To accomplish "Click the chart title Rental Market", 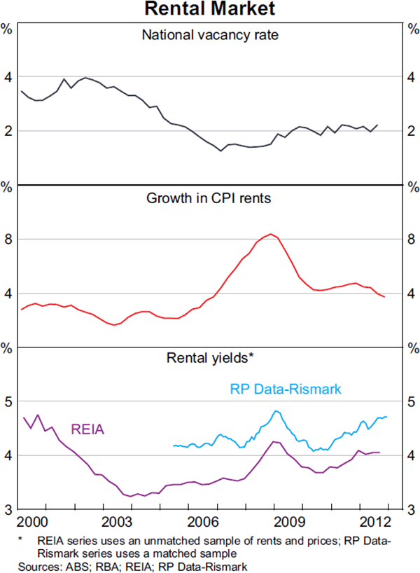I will coord(211,9).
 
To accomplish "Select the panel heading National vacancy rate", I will coord(210,34).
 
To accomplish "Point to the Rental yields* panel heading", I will coord(209,357).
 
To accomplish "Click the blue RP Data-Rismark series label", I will coord(286,388).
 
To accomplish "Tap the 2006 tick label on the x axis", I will coord(202,523).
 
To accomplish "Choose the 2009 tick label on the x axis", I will coord(288,523).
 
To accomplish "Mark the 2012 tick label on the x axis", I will coord(374,523).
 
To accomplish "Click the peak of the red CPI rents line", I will coord(270,234).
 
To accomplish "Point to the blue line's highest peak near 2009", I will coord(276,411).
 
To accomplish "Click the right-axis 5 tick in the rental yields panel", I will coord(411,402).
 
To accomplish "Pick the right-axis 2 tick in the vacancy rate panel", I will coord(411,131).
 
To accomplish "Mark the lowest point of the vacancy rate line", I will coord(220,151).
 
